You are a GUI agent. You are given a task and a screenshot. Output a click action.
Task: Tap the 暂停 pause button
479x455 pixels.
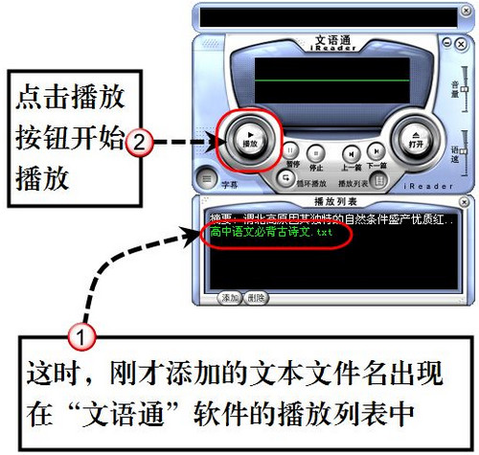(289, 150)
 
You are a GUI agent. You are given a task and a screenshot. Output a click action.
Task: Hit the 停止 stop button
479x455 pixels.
(316, 150)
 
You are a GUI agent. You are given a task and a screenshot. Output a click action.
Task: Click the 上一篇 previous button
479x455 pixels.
(352, 151)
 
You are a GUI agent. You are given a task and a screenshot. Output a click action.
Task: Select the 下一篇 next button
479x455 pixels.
(377, 150)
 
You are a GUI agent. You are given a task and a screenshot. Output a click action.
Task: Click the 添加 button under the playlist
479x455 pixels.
(228, 297)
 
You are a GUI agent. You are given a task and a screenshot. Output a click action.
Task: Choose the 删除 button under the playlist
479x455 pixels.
(255, 297)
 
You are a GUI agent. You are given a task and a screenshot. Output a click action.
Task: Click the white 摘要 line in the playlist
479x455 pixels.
(326, 219)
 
